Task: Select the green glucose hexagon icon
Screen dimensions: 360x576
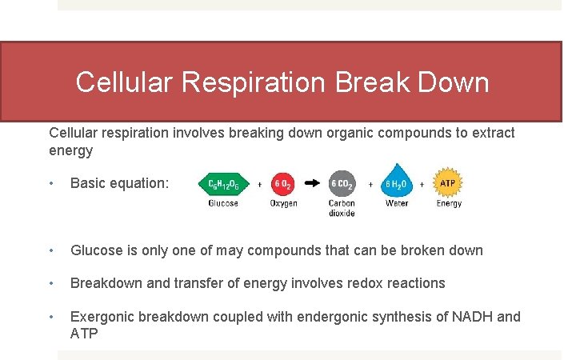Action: pos(223,184)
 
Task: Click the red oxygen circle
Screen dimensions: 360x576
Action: pos(283,184)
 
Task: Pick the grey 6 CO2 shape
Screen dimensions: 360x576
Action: pos(342,184)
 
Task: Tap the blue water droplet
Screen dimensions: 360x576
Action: pos(396,182)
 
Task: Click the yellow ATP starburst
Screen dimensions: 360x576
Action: pos(449,183)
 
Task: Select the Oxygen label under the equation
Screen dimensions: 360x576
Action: pos(283,204)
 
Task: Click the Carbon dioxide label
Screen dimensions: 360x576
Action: pos(342,208)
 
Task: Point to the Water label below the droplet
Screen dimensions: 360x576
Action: pos(397,204)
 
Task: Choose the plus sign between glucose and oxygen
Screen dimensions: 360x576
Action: pos(259,184)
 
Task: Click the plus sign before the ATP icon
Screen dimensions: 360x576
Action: pos(423,184)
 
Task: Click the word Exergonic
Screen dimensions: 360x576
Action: pos(102,317)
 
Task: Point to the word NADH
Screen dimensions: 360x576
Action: pos(472,317)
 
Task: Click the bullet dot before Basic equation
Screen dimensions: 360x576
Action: pos(52,183)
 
